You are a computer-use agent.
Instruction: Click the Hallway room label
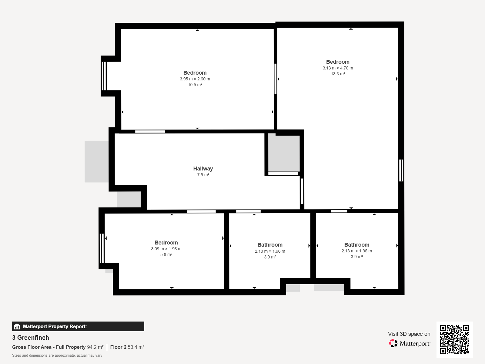(x=203, y=169)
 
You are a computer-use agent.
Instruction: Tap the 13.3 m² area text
(x=338, y=74)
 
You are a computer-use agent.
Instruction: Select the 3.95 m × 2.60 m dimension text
(x=195, y=79)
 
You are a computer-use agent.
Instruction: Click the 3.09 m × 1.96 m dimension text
(x=166, y=249)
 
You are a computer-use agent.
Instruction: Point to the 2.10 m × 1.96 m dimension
(x=270, y=251)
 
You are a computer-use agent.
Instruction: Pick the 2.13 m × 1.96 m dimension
(x=356, y=251)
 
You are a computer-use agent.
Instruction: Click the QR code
(x=454, y=340)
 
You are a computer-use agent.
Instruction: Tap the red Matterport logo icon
(x=393, y=343)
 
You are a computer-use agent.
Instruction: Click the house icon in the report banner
(x=17, y=326)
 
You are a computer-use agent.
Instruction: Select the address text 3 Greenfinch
(x=31, y=338)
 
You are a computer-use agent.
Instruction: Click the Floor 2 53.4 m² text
(x=127, y=347)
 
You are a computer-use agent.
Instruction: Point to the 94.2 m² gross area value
(x=95, y=347)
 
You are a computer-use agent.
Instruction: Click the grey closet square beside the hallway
(x=284, y=153)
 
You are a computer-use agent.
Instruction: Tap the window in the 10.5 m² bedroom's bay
(x=104, y=76)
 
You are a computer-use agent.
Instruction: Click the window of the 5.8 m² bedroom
(x=102, y=248)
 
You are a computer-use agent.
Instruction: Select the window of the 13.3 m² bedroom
(x=401, y=170)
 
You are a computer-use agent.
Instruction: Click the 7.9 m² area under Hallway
(x=203, y=175)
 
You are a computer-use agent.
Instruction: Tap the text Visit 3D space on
(x=409, y=334)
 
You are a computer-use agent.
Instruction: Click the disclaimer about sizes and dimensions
(x=57, y=356)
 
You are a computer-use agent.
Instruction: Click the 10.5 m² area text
(x=195, y=85)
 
